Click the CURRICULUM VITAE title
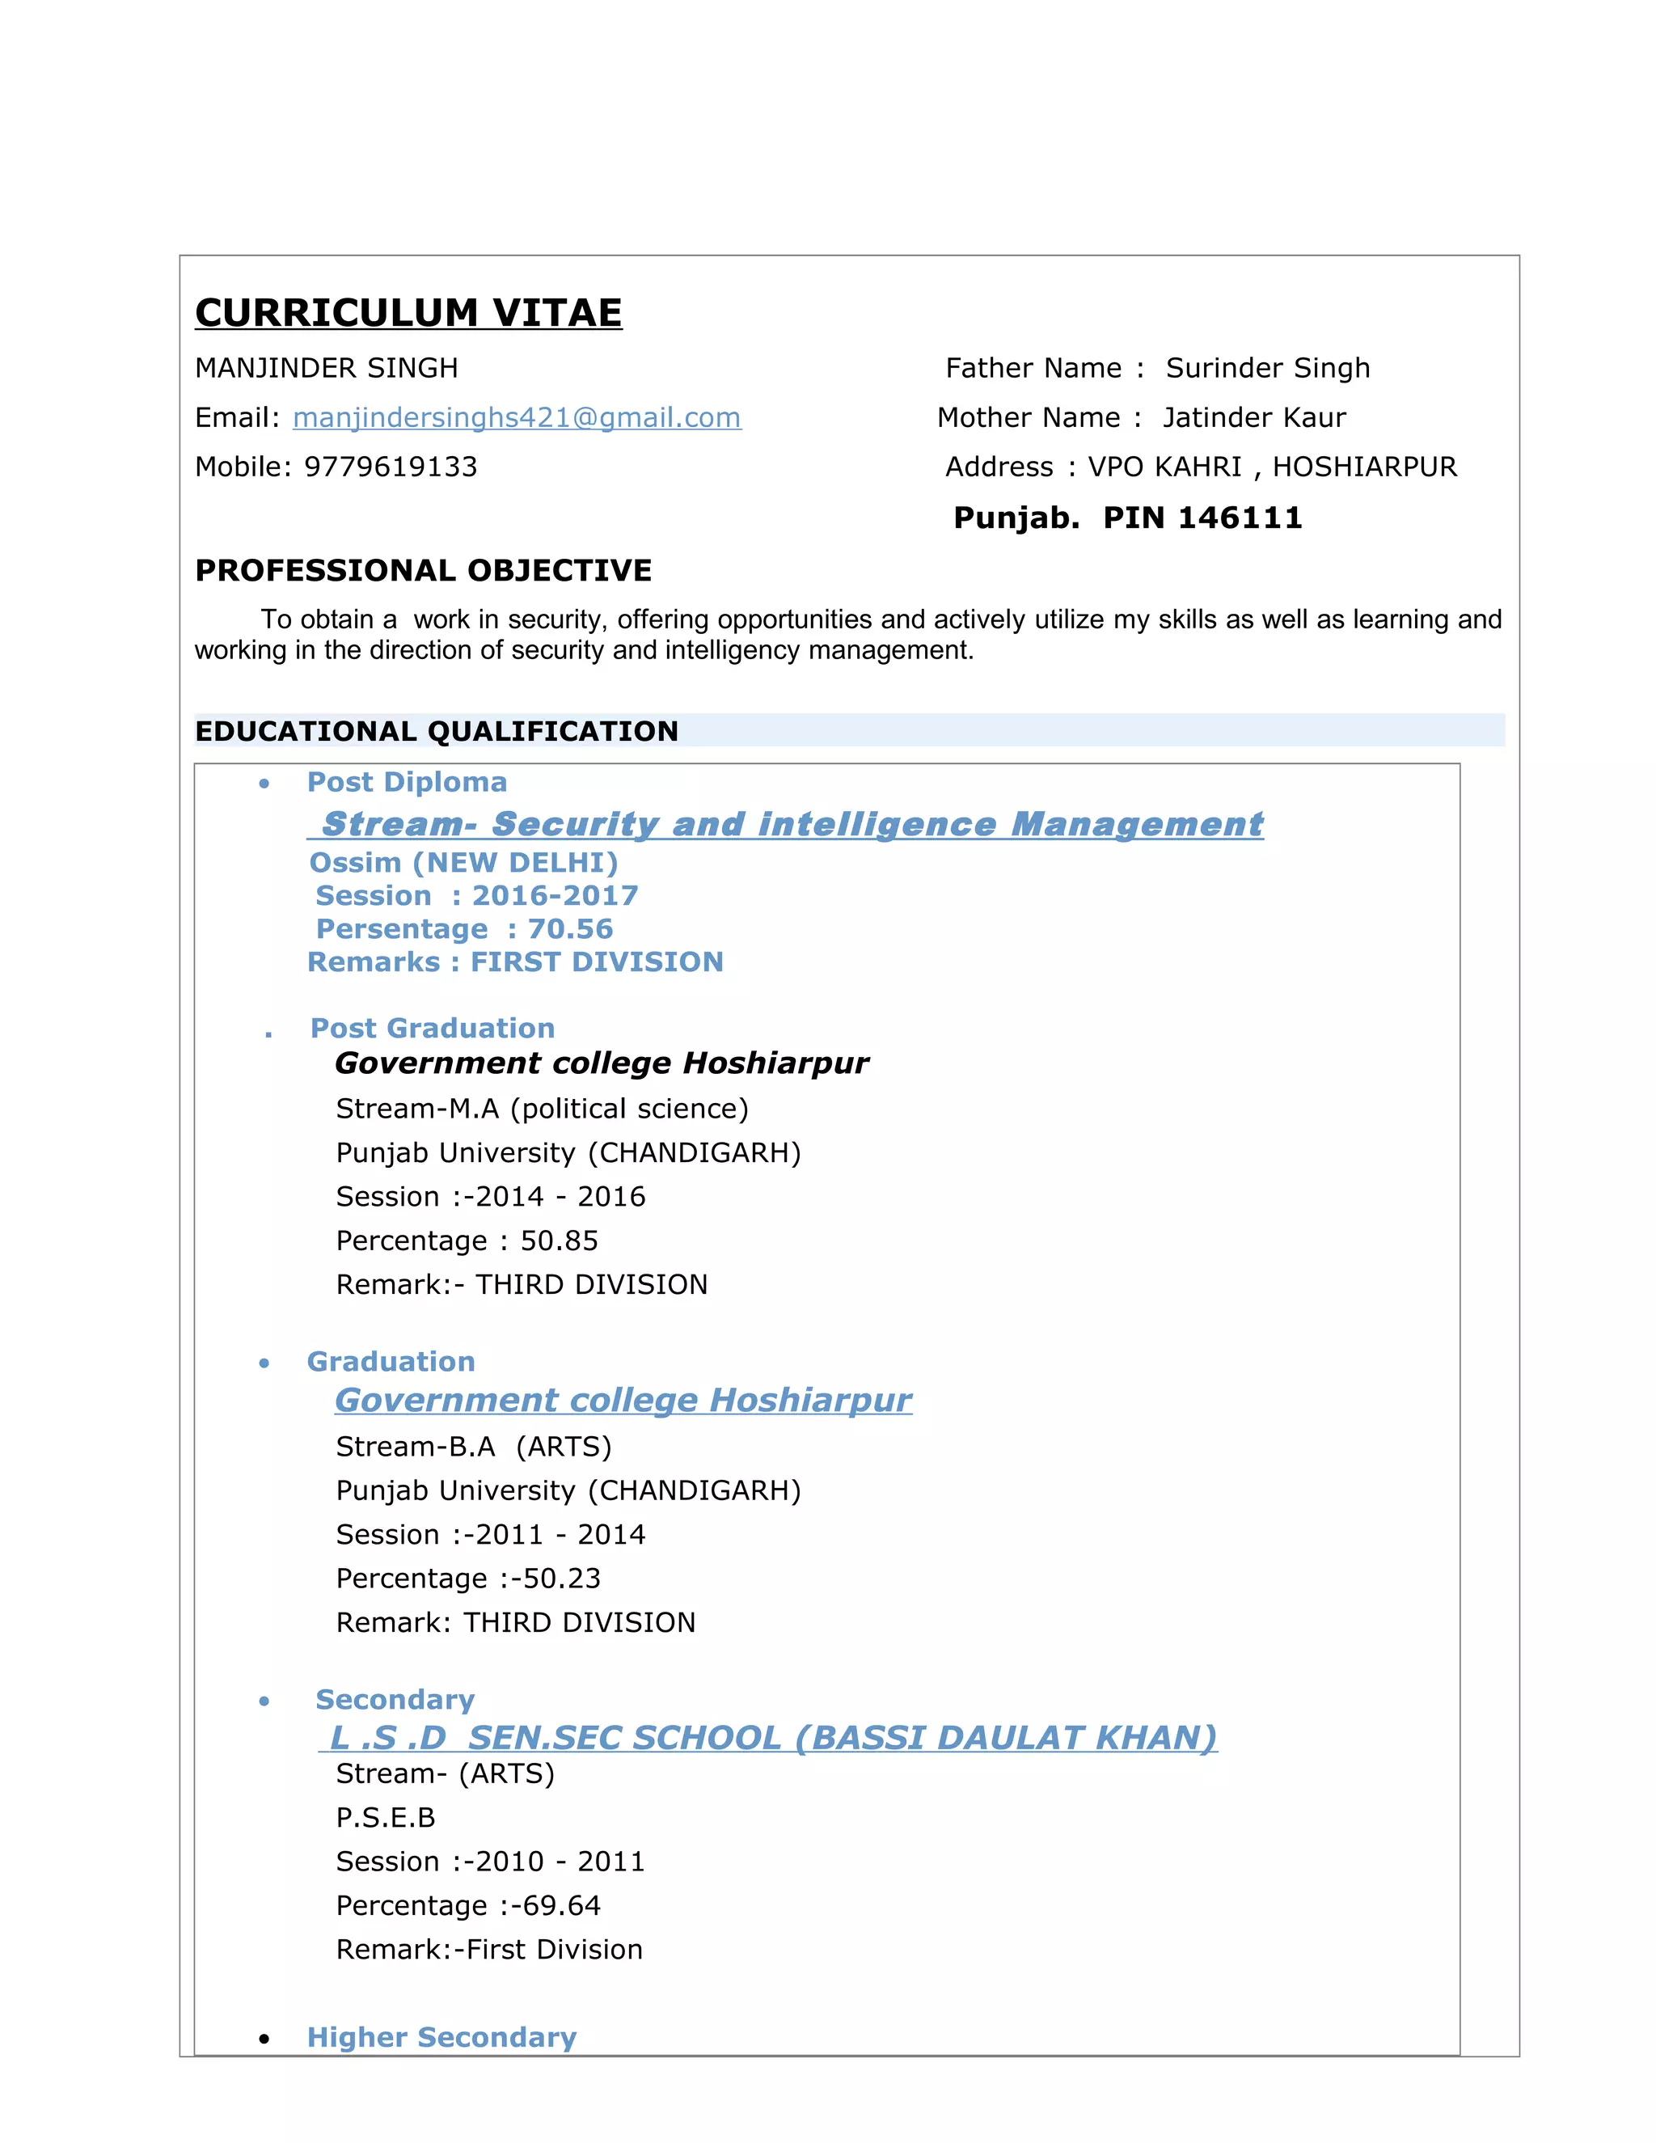click(408, 313)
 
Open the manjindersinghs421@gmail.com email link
click(516, 418)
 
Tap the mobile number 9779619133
click(391, 467)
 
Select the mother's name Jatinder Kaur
click(1254, 418)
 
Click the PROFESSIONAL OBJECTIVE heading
click(423, 570)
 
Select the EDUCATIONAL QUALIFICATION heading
click(437, 731)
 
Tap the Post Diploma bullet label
click(408, 782)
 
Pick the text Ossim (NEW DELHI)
click(463, 863)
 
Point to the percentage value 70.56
click(570, 929)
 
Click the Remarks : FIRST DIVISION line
click(515, 962)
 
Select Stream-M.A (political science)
click(542, 1109)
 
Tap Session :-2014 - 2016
click(491, 1197)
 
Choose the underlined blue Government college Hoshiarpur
click(623, 1400)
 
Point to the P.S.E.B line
click(386, 1818)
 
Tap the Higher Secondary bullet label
click(441, 2038)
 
